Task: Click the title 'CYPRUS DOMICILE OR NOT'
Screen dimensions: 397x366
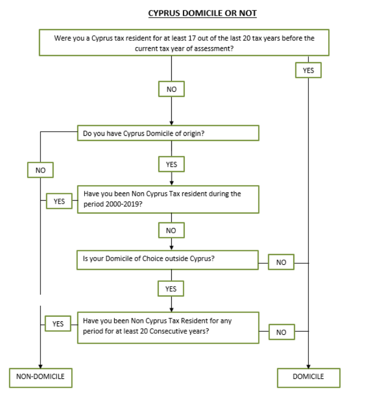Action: [x=202, y=13]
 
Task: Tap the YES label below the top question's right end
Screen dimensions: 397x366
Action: [x=308, y=70]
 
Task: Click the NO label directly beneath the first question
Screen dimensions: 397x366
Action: [x=171, y=89]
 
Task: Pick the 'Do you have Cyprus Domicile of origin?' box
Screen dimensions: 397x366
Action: [x=168, y=133]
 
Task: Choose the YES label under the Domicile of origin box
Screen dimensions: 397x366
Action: [x=171, y=164]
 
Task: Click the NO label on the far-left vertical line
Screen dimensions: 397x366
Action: [x=40, y=169]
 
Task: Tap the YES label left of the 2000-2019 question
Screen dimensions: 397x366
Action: [x=59, y=201]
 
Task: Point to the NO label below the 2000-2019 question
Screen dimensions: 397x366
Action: [x=171, y=230]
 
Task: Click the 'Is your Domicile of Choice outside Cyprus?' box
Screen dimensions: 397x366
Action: [x=168, y=259]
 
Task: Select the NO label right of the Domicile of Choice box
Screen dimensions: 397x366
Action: [x=281, y=262]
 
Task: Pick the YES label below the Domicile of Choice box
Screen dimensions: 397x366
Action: [x=171, y=289]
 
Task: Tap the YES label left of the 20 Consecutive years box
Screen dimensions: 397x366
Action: [x=58, y=324]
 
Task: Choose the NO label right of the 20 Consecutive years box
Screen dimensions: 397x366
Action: [x=281, y=332]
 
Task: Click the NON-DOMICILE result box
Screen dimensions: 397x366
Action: [x=40, y=377]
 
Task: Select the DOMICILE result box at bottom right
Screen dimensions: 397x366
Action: [x=308, y=377]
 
